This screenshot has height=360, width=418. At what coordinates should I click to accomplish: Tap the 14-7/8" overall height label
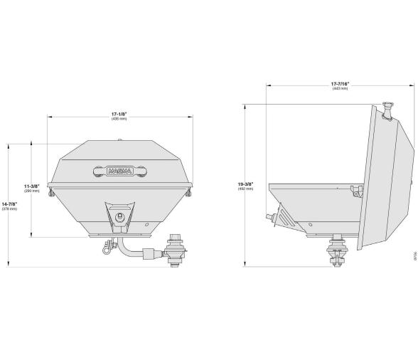10,204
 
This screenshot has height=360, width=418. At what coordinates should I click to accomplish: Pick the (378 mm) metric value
10,210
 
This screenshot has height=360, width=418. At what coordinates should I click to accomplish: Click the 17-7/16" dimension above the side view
340,84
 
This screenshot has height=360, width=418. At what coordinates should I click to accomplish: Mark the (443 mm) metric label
340,90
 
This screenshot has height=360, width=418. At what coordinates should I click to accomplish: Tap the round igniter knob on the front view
119,215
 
